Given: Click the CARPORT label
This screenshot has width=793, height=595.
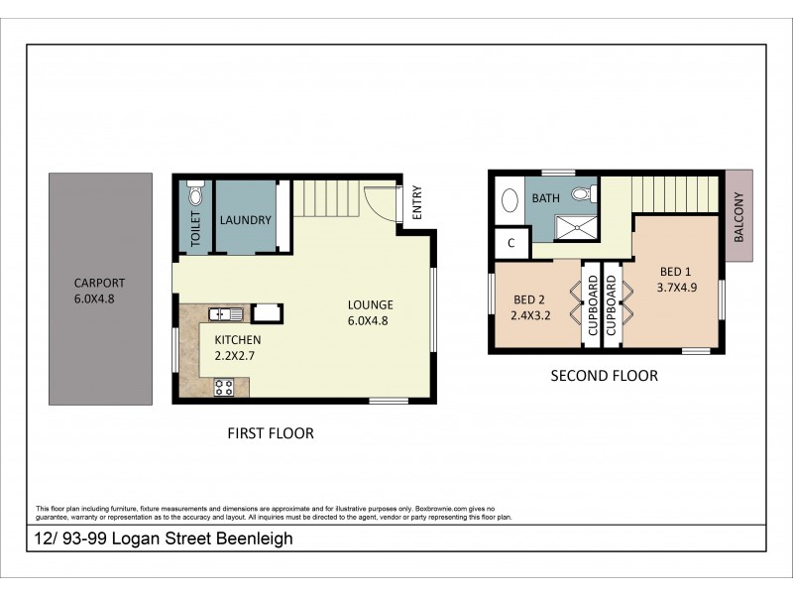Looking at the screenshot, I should pyautogui.click(x=100, y=282).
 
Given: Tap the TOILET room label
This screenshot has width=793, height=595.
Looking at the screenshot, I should pyautogui.click(x=195, y=228).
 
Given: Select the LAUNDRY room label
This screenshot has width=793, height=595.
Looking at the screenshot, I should pyautogui.click(x=245, y=220).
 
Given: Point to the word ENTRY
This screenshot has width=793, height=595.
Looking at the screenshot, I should pyautogui.click(x=417, y=203).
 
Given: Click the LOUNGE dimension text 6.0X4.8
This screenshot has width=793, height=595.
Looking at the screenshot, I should pyautogui.click(x=370, y=321).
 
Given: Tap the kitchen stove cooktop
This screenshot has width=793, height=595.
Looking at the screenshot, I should pyautogui.click(x=224, y=387).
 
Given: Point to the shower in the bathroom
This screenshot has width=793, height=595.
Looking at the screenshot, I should pyautogui.click(x=574, y=227).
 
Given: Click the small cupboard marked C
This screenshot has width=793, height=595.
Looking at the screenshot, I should pyautogui.click(x=511, y=242).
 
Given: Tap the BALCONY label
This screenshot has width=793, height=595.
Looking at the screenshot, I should pyautogui.click(x=738, y=217).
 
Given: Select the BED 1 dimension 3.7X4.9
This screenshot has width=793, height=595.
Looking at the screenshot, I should pyautogui.click(x=677, y=289).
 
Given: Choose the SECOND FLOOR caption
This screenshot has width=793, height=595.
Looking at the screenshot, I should pyautogui.click(x=604, y=376).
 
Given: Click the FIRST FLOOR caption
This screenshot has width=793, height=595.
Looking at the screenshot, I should pyautogui.click(x=270, y=433).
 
